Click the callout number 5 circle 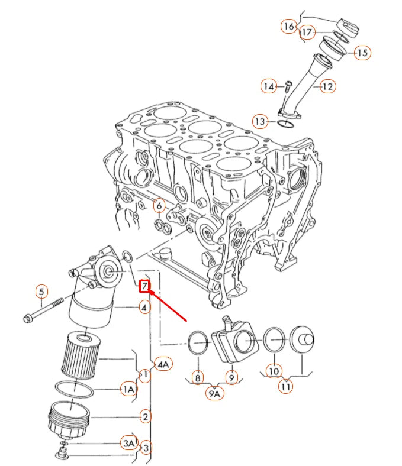[x=41, y=291]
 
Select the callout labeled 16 [x=288, y=27]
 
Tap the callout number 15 [x=362, y=53]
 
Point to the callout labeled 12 [x=327, y=86]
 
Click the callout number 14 [x=269, y=86]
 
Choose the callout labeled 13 [x=261, y=122]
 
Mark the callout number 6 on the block [x=159, y=206]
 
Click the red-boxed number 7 [x=145, y=287]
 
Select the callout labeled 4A [x=163, y=364]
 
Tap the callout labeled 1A [x=129, y=389]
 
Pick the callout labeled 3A [x=129, y=442]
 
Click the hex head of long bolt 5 [x=27, y=320]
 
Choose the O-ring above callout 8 [x=198, y=343]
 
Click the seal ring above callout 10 [x=274, y=339]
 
